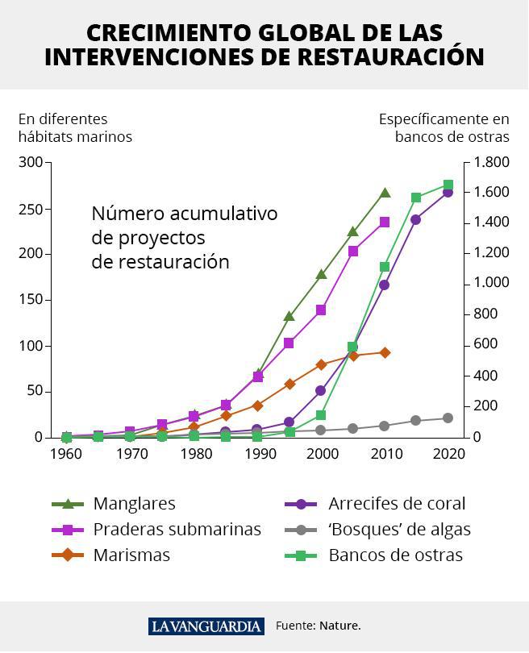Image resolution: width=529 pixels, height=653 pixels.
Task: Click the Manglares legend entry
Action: click(134, 504)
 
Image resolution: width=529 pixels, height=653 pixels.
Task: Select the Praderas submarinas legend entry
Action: click(177, 530)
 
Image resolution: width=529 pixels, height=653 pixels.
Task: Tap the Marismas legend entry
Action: click(131, 555)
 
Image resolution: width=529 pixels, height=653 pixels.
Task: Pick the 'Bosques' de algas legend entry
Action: click(399, 530)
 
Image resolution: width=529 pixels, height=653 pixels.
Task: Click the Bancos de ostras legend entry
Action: click(395, 555)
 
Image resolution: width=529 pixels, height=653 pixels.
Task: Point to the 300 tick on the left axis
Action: click(31, 163)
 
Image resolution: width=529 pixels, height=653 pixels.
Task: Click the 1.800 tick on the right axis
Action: click(491, 163)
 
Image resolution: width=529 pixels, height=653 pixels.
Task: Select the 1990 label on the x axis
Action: click(259, 454)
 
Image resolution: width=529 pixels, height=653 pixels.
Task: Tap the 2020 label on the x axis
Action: click(448, 454)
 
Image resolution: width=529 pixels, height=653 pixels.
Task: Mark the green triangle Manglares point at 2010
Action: click(385, 193)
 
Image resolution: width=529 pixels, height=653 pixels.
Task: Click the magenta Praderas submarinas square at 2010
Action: click(385, 222)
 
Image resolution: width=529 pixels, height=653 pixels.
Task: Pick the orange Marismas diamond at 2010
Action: click(385, 352)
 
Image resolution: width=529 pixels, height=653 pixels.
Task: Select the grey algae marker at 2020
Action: click(448, 418)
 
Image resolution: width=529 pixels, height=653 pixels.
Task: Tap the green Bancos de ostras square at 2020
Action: click(448, 185)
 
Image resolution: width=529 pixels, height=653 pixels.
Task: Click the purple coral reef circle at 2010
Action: click(385, 285)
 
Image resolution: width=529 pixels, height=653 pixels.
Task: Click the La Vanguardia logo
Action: click(206, 626)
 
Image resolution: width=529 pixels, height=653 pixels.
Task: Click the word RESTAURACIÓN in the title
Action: click(390, 57)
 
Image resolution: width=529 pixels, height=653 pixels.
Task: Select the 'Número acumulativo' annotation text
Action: click(184, 214)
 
